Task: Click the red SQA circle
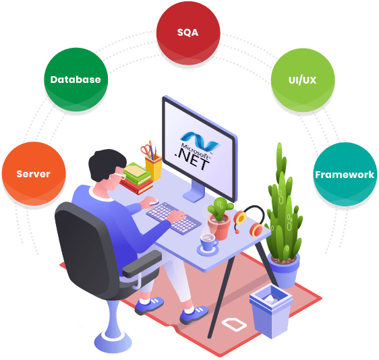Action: [188, 33]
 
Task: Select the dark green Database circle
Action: [76, 80]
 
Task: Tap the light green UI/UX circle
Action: [303, 80]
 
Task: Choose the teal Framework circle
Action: [345, 175]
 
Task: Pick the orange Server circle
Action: [34, 174]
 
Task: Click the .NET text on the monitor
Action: [192, 160]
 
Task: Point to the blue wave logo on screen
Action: [200, 140]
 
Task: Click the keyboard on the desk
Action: [173, 218]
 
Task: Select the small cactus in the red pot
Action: [220, 218]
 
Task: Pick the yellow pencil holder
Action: [154, 167]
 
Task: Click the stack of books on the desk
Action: [136, 178]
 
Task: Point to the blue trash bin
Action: [271, 311]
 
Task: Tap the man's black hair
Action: [107, 164]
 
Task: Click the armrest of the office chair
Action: [142, 264]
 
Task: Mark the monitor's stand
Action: [194, 191]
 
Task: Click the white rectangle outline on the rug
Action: [234, 324]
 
